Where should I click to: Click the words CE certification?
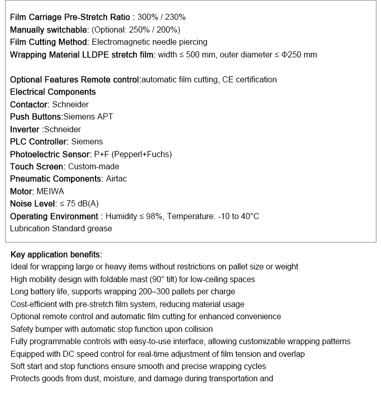point(249,79)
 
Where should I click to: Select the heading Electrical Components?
point(53,92)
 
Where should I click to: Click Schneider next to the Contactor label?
point(71,104)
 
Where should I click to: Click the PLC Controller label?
point(39,141)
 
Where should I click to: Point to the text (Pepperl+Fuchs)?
point(142,154)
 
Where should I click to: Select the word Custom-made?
point(94,166)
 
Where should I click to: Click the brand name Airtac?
point(117,179)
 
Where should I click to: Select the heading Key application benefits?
point(56,254)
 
